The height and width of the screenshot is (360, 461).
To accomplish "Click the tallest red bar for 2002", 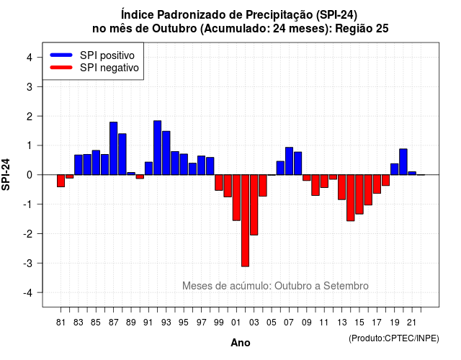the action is pos(245,221).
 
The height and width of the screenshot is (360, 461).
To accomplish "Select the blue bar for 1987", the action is pos(114,148).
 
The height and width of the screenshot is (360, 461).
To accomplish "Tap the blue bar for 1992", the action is pos(157,148).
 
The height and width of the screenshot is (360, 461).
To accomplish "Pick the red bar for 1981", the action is pos(61,181).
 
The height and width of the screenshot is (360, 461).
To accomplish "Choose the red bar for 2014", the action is pos(351,198).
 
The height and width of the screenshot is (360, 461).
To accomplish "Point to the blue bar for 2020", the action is pos(403,162).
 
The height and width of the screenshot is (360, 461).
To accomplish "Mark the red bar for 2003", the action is pos(254,204).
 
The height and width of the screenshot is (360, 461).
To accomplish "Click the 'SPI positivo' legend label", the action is pos(107,55).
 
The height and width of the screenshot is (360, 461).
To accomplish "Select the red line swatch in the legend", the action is pos(61,68).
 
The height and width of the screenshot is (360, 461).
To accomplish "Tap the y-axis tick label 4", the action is pos(30,58).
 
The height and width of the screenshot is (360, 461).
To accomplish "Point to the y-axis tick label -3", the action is pos(27,263).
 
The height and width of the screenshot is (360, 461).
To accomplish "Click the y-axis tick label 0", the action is pos(30,175).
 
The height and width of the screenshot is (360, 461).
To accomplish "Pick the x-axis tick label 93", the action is pos(166,323).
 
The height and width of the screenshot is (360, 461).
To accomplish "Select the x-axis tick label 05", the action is pos(272,323).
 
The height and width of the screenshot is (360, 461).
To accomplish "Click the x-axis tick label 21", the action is pos(411,323).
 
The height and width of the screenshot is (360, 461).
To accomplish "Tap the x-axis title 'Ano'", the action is pos(241,343).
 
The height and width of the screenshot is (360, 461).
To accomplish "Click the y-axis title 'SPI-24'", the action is pos(6,174).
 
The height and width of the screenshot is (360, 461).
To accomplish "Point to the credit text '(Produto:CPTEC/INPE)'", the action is pos(394,338).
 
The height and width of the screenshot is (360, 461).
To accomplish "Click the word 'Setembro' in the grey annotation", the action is pos(346,286).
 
